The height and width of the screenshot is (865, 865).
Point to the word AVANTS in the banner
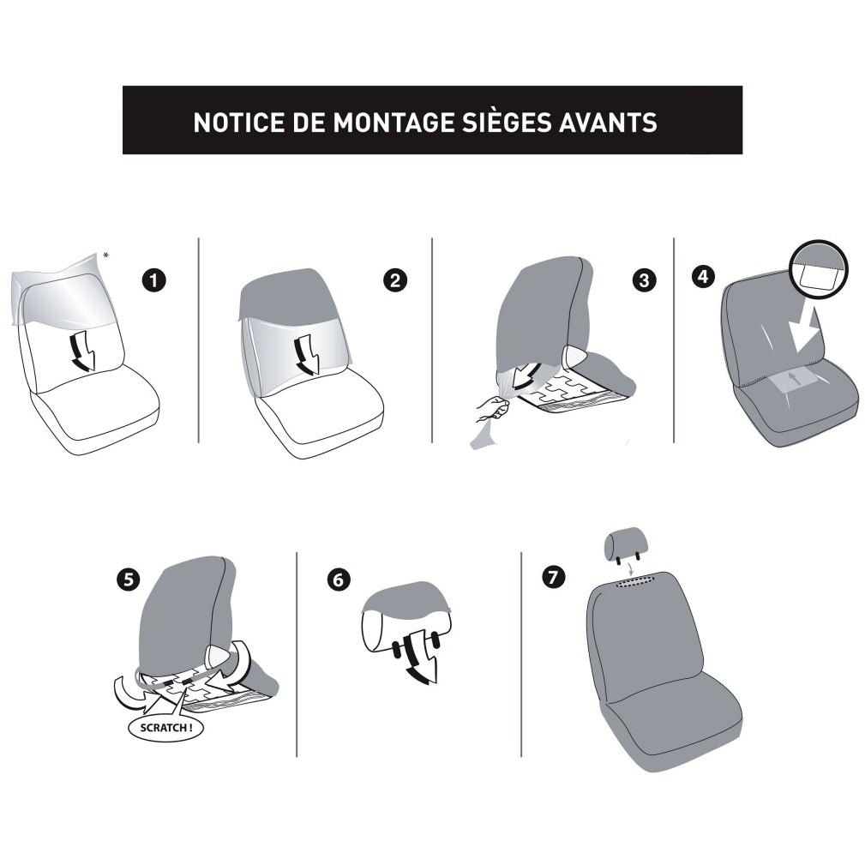tap(608, 122)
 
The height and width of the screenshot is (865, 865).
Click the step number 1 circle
tap(153, 280)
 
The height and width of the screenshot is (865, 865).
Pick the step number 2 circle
tap(395, 280)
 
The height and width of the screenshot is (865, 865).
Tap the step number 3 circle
tap(644, 280)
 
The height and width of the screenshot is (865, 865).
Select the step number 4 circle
tap(703, 276)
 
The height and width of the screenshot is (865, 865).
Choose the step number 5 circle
tap(128, 580)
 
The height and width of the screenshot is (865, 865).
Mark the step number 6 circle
tap(338, 580)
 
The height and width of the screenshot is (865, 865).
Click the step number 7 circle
tap(553, 577)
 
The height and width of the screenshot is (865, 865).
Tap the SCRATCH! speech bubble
tap(165, 728)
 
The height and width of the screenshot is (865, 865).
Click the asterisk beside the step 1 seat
tap(105, 255)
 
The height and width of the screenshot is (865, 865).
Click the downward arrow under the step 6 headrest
tap(422, 658)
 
